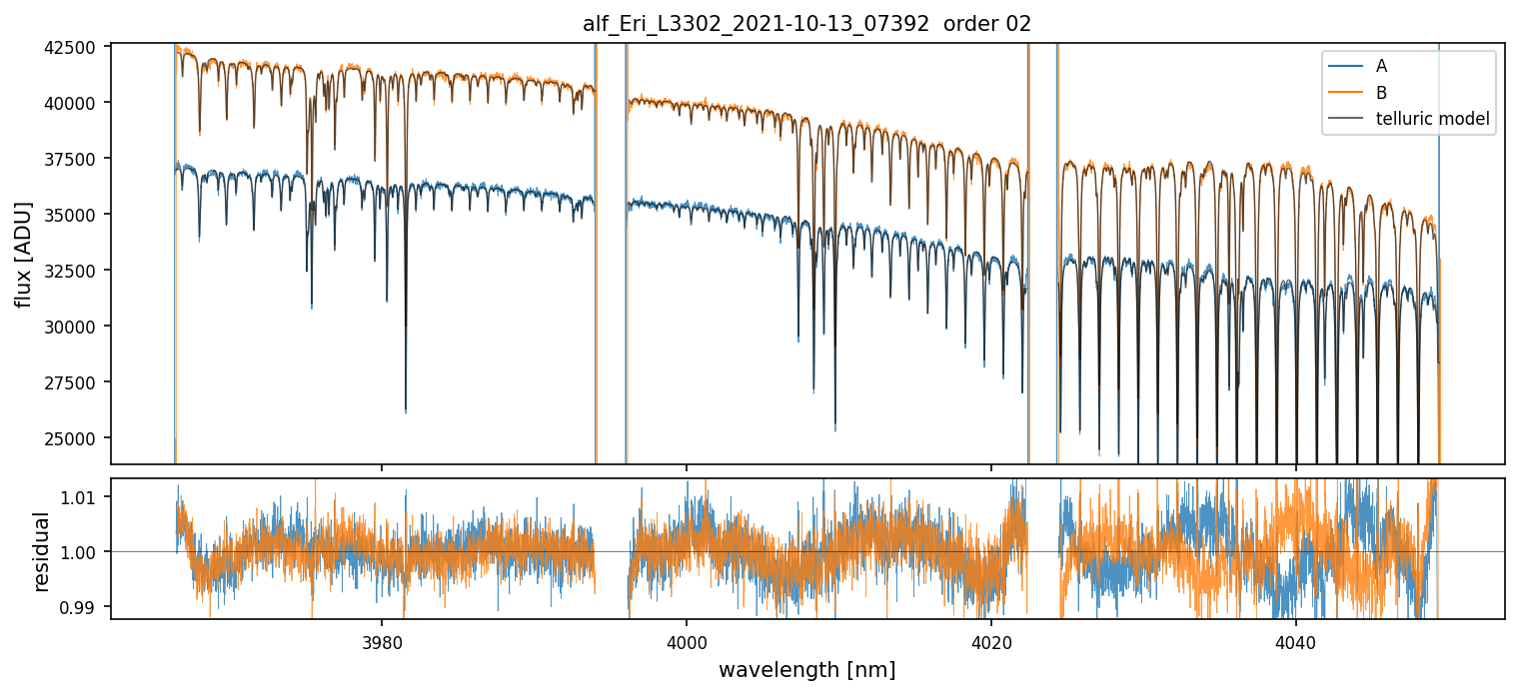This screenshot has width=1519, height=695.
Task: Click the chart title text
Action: pyautogui.click(x=806, y=24)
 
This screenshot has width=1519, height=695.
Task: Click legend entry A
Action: pyautogui.click(x=1381, y=67)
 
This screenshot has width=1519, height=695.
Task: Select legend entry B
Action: pyautogui.click(x=1381, y=93)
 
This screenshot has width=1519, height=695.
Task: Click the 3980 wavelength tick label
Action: pyautogui.click(x=382, y=640)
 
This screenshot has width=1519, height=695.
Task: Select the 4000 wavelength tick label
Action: pyautogui.click(x=687, y=640)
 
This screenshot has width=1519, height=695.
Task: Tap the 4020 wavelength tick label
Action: pyautogui.click(x=991, y=640)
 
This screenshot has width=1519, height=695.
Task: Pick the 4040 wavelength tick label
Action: pyautogui.click(x=1296, y=640)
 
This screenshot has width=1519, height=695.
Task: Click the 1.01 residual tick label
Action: pyautogui.click(x=81, y=497)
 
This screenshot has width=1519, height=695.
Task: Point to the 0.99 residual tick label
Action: pyautogui.click(x=81, y=607)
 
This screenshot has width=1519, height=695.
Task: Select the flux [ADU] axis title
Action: pyautogui.click(x=23, y=254)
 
